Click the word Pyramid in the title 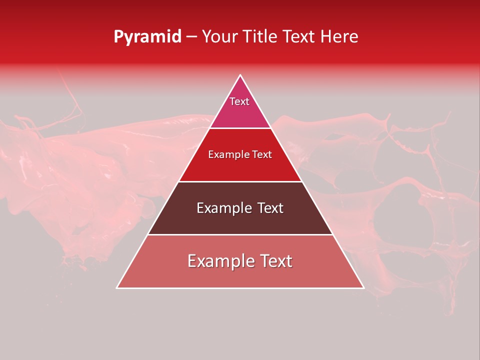(147, 37)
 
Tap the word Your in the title (220, 36)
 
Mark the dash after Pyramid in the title (191, 37)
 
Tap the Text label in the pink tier (239, 101)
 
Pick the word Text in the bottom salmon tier (275, 261)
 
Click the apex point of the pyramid (240, 75)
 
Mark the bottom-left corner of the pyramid (117, 287)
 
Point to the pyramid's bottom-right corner (363, 287)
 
